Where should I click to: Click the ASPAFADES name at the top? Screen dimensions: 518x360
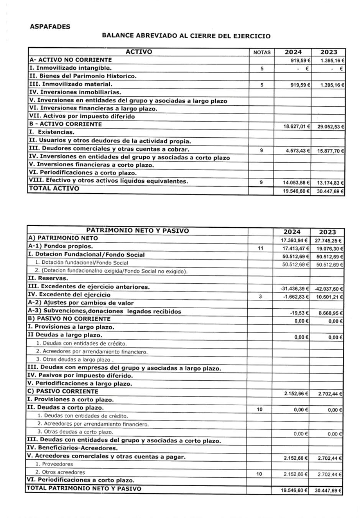click(50, 27)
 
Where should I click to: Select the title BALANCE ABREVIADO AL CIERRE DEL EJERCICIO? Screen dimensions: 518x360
click(186, 36)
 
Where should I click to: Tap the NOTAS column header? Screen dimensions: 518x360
click(262, 53)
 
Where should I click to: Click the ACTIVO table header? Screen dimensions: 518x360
click(139, 52)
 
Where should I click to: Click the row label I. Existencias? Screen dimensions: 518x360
click(52, 132)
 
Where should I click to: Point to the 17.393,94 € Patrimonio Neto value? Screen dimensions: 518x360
click(295, 240)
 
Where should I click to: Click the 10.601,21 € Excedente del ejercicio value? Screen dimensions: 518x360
click(328, 297)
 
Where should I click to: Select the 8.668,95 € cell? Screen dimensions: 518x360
click(329, 313)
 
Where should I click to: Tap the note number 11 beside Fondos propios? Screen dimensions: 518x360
click(260, 248)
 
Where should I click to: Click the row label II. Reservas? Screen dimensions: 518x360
click(48, 278)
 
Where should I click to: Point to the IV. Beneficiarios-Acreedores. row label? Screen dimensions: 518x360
click(72, 448)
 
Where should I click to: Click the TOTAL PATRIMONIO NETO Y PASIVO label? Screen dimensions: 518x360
click(84, 488)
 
